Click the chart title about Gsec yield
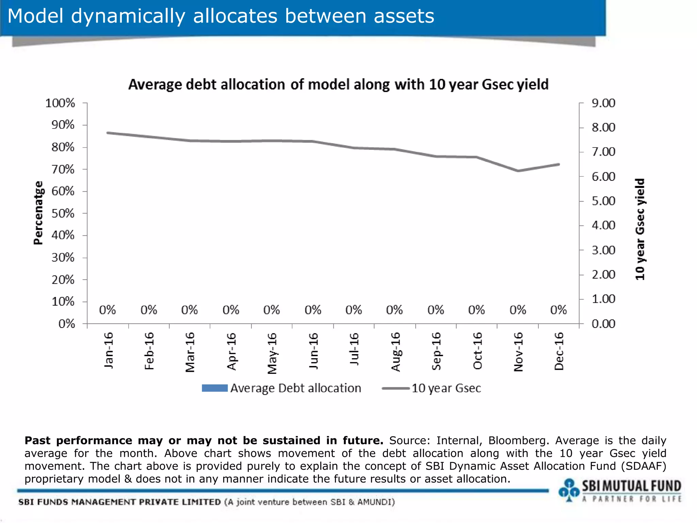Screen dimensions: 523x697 [x=338, y=84]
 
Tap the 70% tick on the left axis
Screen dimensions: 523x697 [x=63, y=169]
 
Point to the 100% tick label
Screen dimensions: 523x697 [x=60, y=103]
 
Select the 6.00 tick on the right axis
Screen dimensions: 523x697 [x=603, y=176]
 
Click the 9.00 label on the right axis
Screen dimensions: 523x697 [x=603, y=103]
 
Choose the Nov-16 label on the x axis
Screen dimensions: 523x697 [x=518, y=352]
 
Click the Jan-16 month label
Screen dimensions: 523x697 [x=108, y=350]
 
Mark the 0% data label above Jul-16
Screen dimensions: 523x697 [x=354, y=310]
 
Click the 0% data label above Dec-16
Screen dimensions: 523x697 [x=558, y=310]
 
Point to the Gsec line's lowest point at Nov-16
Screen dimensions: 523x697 [x=518, y=171]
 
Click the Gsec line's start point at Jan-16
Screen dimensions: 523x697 [x=108, y=133]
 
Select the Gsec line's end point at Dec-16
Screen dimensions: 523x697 [x=558, y=164]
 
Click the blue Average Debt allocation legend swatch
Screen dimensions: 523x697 [x=214, y=388]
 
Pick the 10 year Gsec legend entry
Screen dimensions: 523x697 [x=446, y=388]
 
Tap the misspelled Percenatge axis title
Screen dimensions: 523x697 [x=38, y=213]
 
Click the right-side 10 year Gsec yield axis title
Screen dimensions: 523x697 [x=640, y=229]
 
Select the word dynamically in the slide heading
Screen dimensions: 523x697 [x=128, y=16]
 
